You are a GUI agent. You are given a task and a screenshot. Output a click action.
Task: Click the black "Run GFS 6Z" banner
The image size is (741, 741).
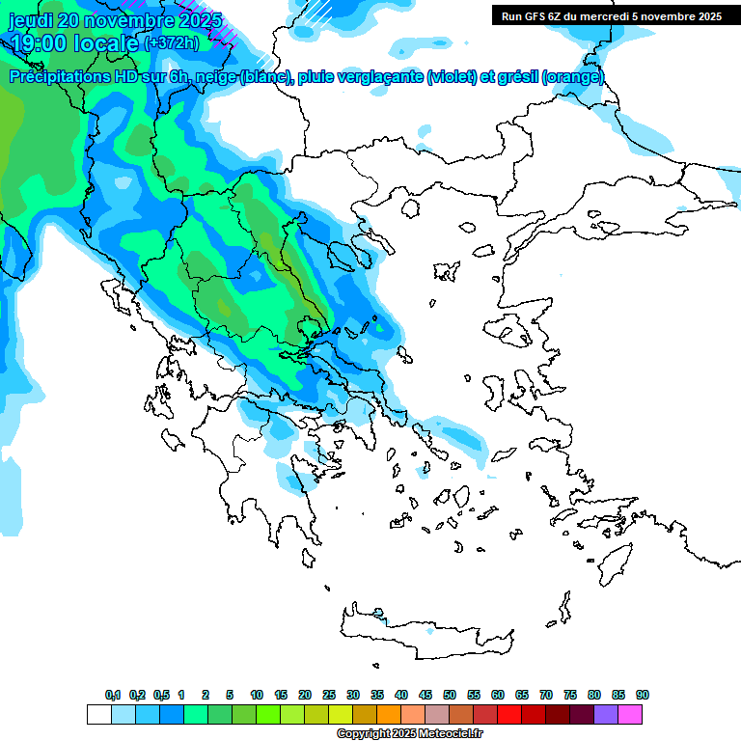point(611,16)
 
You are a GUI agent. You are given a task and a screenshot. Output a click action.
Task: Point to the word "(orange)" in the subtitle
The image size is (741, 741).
point(573,77)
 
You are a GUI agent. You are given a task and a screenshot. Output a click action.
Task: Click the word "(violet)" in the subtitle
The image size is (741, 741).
point(458,77)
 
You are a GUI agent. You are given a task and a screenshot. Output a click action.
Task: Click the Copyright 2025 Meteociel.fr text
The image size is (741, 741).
point(409,734)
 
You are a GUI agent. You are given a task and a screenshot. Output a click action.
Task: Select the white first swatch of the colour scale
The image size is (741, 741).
point(99,715)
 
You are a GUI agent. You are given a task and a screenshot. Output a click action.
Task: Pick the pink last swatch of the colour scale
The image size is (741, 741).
point(630,715)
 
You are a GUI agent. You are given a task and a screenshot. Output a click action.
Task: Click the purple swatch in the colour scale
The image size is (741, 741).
point(606,715)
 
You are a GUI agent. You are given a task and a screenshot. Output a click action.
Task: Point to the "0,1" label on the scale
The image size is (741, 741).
point(113,696)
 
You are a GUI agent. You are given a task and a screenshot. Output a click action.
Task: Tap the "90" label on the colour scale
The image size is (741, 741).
point(643,696)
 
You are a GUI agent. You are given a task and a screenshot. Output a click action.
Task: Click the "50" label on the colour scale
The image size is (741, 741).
point(450,696)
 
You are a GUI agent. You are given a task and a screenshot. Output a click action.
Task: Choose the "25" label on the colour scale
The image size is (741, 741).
point(329,696)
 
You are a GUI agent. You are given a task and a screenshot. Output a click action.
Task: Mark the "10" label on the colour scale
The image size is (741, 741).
point(257,696)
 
